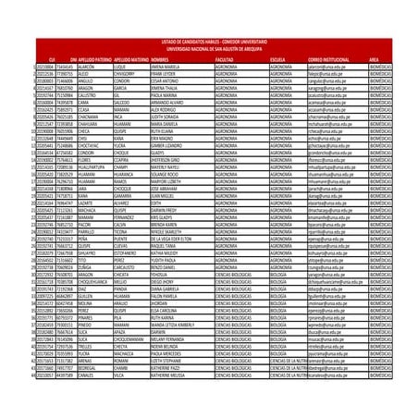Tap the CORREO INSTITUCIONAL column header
click(325, 56)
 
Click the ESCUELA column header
click(277, 56)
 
